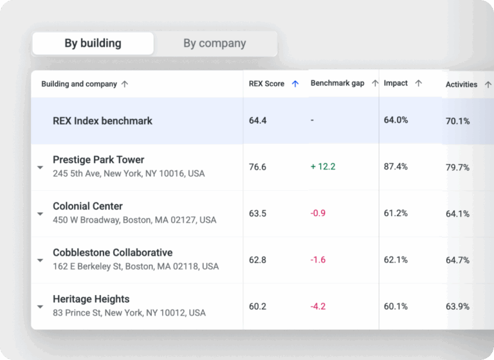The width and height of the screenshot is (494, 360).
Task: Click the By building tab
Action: coord(93,43)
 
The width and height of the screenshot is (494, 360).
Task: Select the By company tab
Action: coord(215,43)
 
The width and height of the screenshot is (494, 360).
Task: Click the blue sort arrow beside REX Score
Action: coord(295,84)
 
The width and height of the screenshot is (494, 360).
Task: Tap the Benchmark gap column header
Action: coord(338,83)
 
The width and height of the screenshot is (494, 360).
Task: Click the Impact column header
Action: coord(396,83)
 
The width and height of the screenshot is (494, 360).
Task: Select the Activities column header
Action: coord(461,84)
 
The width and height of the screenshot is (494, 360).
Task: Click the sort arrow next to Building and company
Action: coord(125,84)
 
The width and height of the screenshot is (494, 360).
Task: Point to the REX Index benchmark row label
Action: coord(102,121)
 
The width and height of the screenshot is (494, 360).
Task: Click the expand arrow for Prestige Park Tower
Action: coord(41,167)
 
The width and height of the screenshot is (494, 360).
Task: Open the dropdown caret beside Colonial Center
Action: coord(41,214)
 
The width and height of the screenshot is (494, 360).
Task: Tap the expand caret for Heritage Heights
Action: coord(41,307)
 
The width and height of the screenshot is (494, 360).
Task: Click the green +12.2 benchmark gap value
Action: coord(323,166)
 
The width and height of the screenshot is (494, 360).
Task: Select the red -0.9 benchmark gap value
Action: coord(318,213)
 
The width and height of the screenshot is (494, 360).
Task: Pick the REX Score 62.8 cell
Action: coord(257,260)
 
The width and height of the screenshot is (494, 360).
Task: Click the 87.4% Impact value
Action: coord(396,166)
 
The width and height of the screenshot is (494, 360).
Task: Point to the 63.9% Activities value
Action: coord(457,307)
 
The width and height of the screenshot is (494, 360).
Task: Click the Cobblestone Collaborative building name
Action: coord(113,253)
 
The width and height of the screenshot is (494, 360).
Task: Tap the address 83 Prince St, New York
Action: coord(129,313)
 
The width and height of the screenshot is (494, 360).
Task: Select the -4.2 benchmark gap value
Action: coord(318,306)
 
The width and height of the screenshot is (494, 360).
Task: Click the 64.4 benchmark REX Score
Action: coord(257,120)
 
